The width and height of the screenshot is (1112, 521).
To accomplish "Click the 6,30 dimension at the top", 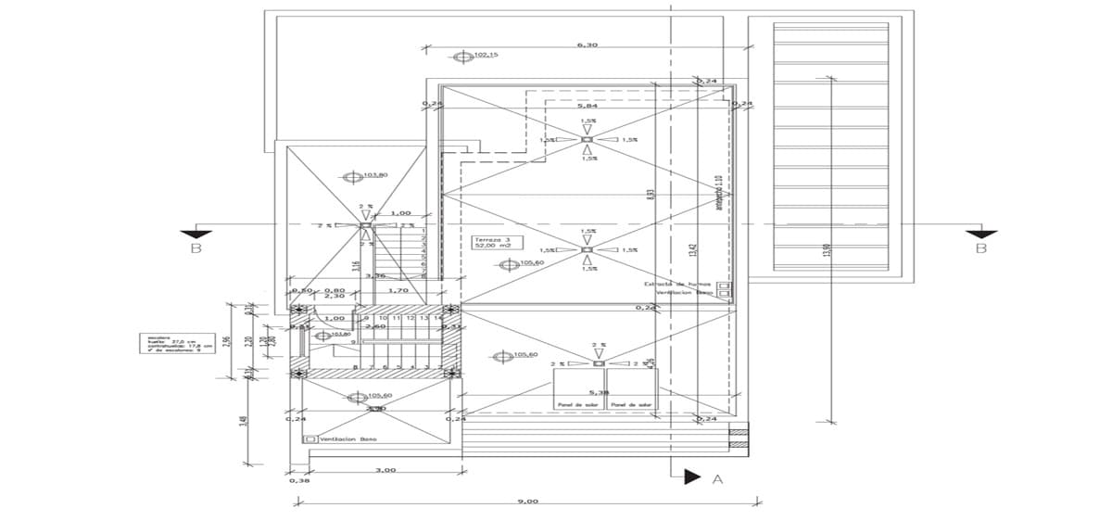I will point(587,44).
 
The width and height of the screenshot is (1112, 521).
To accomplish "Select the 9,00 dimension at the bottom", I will point(528,501).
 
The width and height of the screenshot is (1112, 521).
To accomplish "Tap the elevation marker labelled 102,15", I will point(464,57).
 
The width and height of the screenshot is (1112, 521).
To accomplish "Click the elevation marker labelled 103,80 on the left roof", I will point(351,176).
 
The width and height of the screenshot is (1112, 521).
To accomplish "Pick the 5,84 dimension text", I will point(587,106).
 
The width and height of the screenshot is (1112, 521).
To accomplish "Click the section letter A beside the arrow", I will point(716,479).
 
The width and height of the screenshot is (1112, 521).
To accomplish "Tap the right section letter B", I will point(979,249).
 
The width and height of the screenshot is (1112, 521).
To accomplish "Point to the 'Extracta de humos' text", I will point(678,284).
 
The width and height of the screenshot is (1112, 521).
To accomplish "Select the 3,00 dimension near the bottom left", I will point(385,470).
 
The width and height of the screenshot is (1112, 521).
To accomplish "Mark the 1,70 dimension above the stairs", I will point(398,291).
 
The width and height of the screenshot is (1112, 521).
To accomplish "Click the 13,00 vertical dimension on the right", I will point(827,250).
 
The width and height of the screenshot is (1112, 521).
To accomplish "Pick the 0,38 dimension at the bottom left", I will point(298,480).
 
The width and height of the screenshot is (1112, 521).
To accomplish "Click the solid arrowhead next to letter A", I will point(690,477).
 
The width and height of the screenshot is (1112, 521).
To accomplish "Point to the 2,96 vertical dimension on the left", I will point(228,343).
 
